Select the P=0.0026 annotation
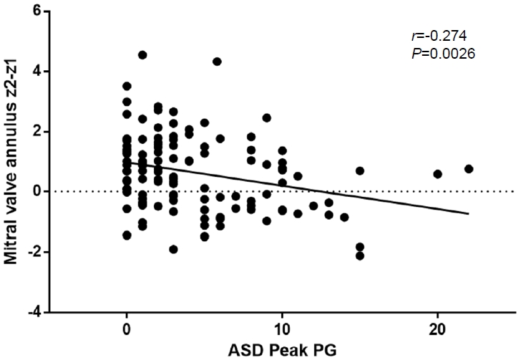(434, 53)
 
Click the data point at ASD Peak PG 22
(469, 169)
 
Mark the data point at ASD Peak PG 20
(438, 174)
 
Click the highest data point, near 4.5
(142, 55)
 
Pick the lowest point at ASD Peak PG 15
(360, 256)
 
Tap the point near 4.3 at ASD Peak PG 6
(217, 62)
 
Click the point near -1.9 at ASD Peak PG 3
(173, 249)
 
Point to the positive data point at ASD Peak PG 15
(360, 171)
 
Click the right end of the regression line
(469, 213)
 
